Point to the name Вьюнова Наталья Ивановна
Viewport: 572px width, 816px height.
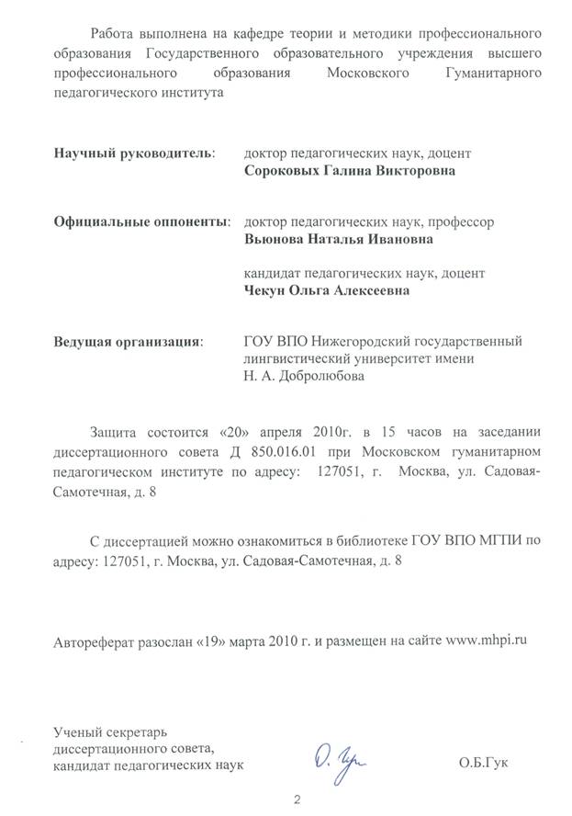point(333,240)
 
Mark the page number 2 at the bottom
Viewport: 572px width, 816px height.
point(297,800)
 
